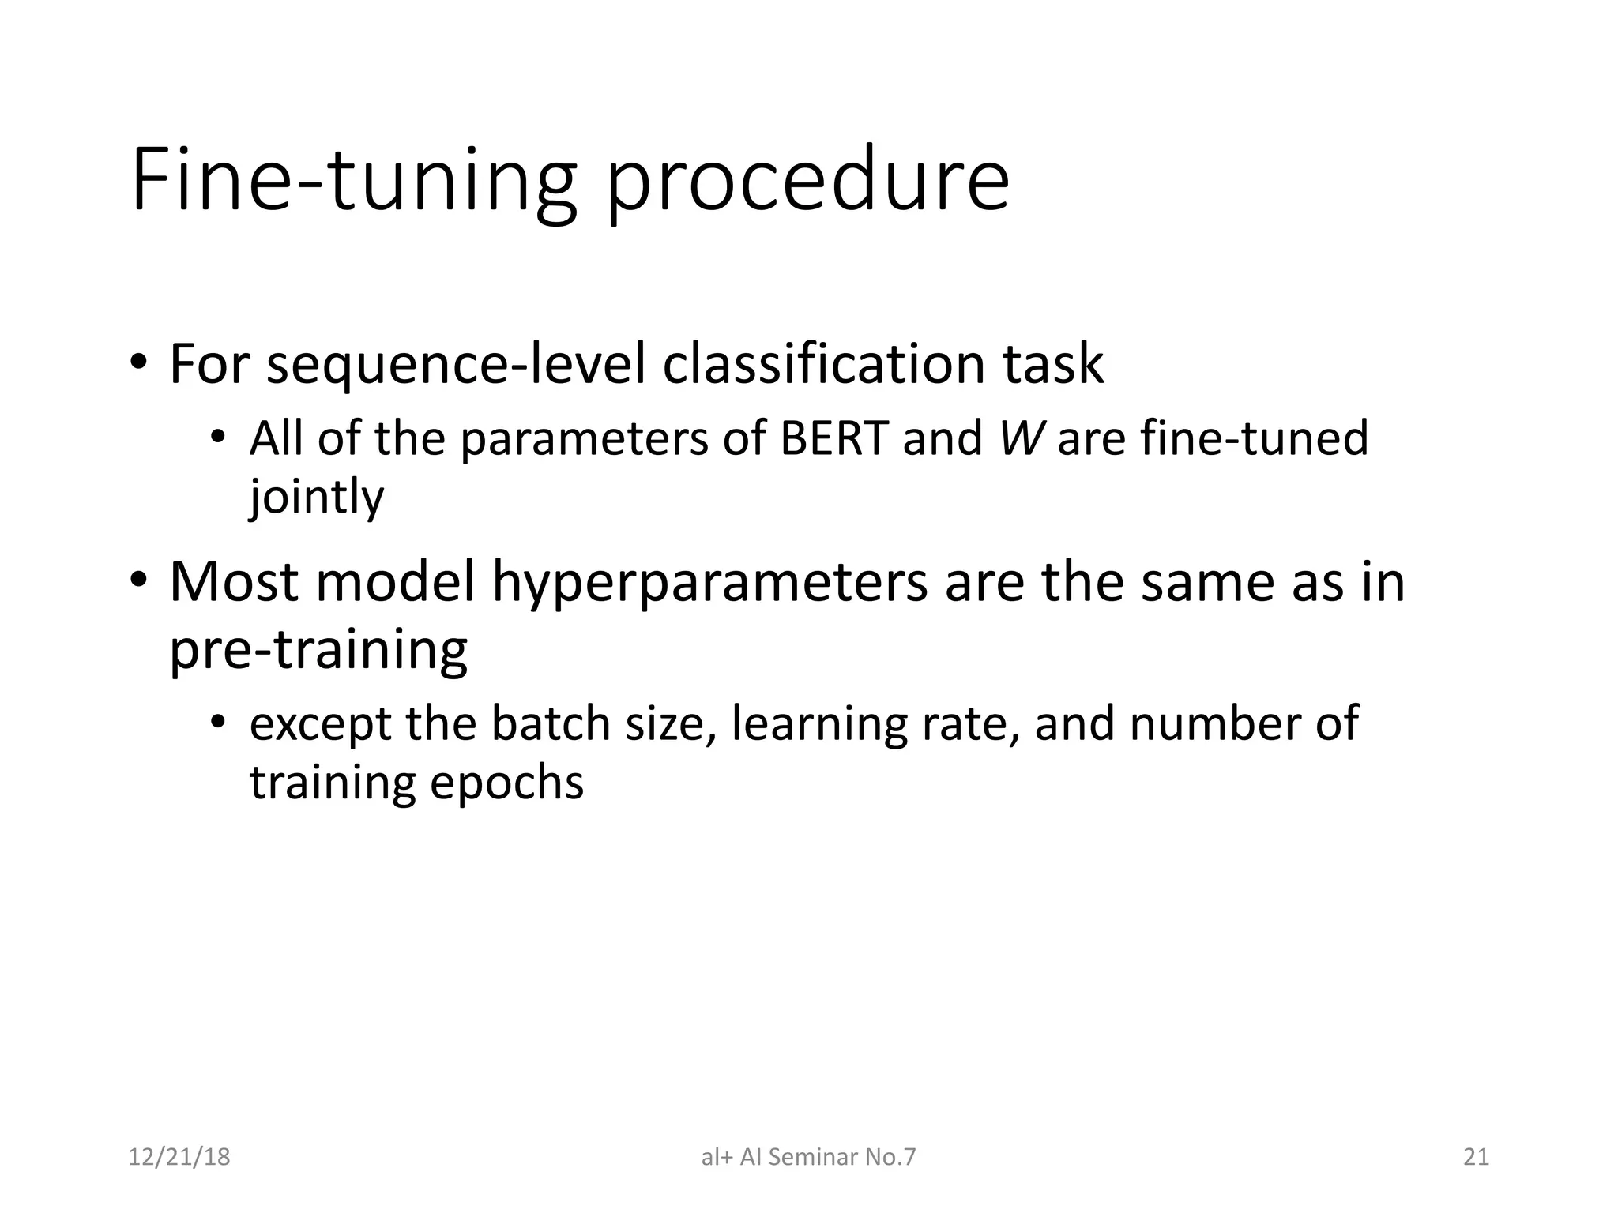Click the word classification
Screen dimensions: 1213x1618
coord(824,365)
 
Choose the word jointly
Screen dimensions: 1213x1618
coord(317,498)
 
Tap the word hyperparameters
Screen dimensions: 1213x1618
coord(709,583)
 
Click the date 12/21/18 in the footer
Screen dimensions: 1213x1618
coord(179,1157)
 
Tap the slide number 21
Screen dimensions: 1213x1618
coord(1476,1157)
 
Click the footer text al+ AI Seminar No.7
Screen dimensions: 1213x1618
coord(808,1157)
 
